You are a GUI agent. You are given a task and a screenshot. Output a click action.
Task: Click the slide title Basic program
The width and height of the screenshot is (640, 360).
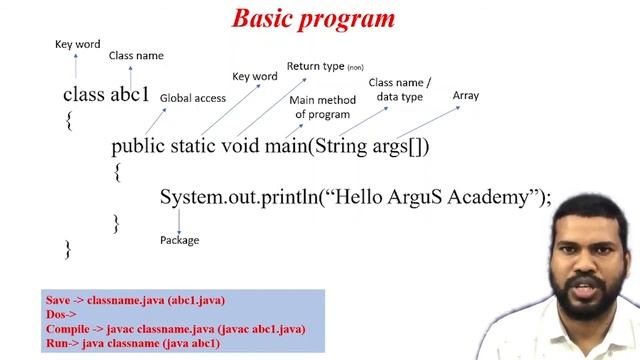point(313,18)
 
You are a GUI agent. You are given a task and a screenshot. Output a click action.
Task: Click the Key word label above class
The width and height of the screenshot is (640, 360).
point(77,44)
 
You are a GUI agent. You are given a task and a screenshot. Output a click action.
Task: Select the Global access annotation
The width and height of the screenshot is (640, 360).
point(192,98)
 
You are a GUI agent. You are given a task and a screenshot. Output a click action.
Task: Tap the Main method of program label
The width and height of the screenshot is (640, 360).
point(321,107)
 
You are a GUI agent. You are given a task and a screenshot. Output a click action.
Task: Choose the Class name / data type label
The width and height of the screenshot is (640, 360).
point(399,90)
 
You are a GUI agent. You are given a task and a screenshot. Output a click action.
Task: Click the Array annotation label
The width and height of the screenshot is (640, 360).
point(465,95)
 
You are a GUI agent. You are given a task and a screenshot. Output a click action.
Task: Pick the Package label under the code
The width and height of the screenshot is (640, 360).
point(179,240)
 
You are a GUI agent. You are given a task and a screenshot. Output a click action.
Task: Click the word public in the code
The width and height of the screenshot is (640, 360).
point(137,146)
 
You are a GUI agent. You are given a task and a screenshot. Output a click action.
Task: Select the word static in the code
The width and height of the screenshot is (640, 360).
point(199,146)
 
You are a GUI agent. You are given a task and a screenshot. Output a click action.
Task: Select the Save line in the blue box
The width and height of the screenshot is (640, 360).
point(135,300)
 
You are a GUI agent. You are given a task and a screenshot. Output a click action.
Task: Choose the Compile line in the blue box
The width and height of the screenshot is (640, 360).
point(175,329)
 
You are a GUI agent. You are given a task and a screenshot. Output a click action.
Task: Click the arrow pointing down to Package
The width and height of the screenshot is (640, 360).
point(178,222)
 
